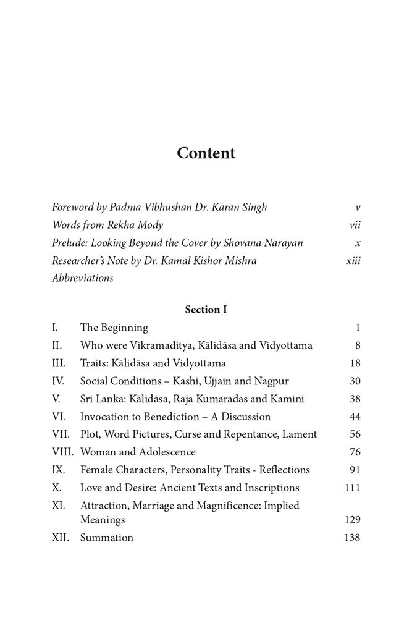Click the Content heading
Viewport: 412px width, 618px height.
click(x=206, y=153)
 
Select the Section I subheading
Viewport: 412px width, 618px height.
click(x=206, y=310)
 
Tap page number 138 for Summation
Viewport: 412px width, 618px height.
click(x=351, y=538)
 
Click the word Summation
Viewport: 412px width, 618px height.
click(x=106, y=538)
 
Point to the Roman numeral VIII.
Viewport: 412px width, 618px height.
click(x=63, y=452)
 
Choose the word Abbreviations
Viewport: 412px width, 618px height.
click(x=82, y=278)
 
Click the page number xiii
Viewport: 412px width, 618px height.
click(x=353, y=260)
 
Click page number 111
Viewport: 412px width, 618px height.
click(x=352, y=488)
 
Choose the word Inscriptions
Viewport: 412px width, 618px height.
click(x=269, y=488)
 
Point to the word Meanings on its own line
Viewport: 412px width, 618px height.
click(x=103, y=520)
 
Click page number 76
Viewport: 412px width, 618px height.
click(x=355, y=452)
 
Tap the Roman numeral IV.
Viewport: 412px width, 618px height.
click(x=59, y=381)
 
